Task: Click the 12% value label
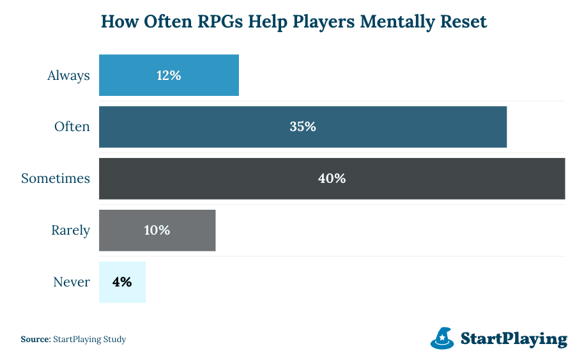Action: [169, 75]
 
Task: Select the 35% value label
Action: [303, 127]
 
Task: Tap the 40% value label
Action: [332, 178]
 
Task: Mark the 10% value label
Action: [157, 230]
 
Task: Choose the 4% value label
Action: [122, 282]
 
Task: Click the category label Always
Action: [68, 75]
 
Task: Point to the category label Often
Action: [72, 127]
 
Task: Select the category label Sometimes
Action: [56, 178]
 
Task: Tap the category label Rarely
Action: [71, 230]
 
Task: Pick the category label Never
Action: [72, 282]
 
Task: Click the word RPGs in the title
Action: [214, 22]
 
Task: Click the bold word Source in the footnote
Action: [35, 340]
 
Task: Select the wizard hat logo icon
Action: [442, 338]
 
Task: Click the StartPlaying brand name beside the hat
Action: [514, 338]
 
